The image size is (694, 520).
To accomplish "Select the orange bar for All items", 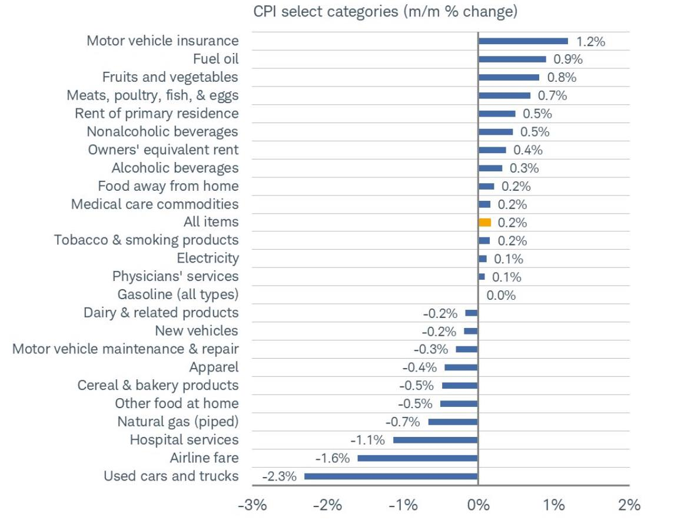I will point(484,223).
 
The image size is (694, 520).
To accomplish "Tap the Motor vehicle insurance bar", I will point(523,41).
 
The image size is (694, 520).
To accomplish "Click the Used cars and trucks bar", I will point(391,476).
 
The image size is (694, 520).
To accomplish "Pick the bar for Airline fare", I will point(417,458).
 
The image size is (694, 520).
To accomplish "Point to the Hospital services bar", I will point(435,440).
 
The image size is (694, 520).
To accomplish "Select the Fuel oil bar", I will point(512,59).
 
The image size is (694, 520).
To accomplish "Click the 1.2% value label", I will point(590,41).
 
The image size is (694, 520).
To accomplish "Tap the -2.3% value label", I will point(280,476).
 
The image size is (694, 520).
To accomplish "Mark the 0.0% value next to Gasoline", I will point(501,295).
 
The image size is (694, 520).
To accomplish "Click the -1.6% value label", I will point(333,458).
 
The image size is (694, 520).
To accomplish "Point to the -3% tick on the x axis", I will point(252,505).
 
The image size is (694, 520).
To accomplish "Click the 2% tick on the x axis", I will point(629,505).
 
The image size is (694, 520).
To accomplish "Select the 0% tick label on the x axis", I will point(477,505).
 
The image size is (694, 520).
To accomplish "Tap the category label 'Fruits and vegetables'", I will point(170,77).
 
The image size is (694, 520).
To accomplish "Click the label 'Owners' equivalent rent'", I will point(163,150).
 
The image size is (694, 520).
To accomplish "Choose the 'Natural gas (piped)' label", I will point(178,422).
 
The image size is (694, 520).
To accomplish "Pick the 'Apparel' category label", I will point(214,367).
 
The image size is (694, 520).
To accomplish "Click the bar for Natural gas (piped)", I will point(453,422).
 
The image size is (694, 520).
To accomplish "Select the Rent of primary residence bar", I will point(497,114).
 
